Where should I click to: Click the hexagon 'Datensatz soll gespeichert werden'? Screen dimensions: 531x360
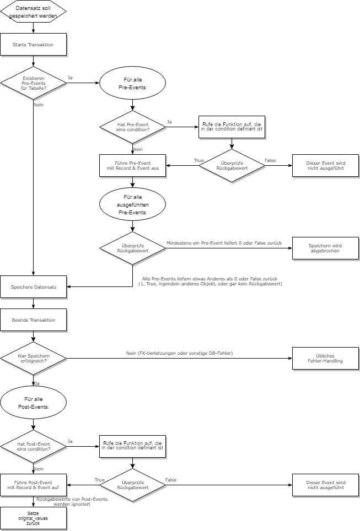(x=33, y=12)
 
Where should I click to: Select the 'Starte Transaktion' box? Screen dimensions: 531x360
(x=33, y=45)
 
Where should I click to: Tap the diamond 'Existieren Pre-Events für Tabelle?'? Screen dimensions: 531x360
(x=33, y=83)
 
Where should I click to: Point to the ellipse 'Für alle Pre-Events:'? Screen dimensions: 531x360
(x=132, y=83)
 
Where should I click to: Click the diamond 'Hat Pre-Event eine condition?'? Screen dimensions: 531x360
(x=132, y=127)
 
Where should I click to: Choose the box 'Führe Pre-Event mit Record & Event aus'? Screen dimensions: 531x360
(x=132, y=165)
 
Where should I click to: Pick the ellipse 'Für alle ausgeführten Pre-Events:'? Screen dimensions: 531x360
(x=132, y=204)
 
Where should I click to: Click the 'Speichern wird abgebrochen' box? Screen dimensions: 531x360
(x=325, y=248)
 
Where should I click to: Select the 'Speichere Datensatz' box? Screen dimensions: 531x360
(x=33, y=286)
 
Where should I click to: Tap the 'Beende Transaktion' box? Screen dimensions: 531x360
(x=33, y=319)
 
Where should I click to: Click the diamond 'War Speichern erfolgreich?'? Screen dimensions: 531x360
(x=33, y=358)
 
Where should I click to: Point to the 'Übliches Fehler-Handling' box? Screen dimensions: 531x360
(x=325, y=358)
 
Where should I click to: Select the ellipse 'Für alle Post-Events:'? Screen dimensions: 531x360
(x=33, y=402)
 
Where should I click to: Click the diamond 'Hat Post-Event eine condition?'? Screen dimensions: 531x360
(x=33, y=446)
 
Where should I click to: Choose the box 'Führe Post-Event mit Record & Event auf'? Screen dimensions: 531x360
(x=33, y=485)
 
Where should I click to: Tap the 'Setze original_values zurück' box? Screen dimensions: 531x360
(x=33, y=518)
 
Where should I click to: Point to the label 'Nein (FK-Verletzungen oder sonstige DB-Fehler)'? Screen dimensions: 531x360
(x=179, y=353)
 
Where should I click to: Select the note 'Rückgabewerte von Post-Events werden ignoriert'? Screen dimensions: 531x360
(x=72, y=501)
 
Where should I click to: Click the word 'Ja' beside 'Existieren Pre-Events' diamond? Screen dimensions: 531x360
(x=70, y=77)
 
